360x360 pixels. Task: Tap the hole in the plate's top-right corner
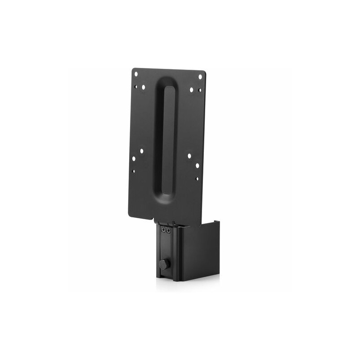[200, 77]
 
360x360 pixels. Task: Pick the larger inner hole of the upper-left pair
[144, 87]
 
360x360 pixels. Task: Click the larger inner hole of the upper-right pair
[191, 90]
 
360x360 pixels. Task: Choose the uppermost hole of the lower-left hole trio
[141, 151]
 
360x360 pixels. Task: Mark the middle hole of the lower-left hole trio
[134, 158]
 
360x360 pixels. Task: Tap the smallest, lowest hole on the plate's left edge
[134, 171]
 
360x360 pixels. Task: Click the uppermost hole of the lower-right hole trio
[189, 156]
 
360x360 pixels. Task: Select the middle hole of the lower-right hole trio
[197, 166]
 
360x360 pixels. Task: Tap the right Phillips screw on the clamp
[168, 230]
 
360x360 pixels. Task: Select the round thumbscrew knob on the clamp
[162, 265]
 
